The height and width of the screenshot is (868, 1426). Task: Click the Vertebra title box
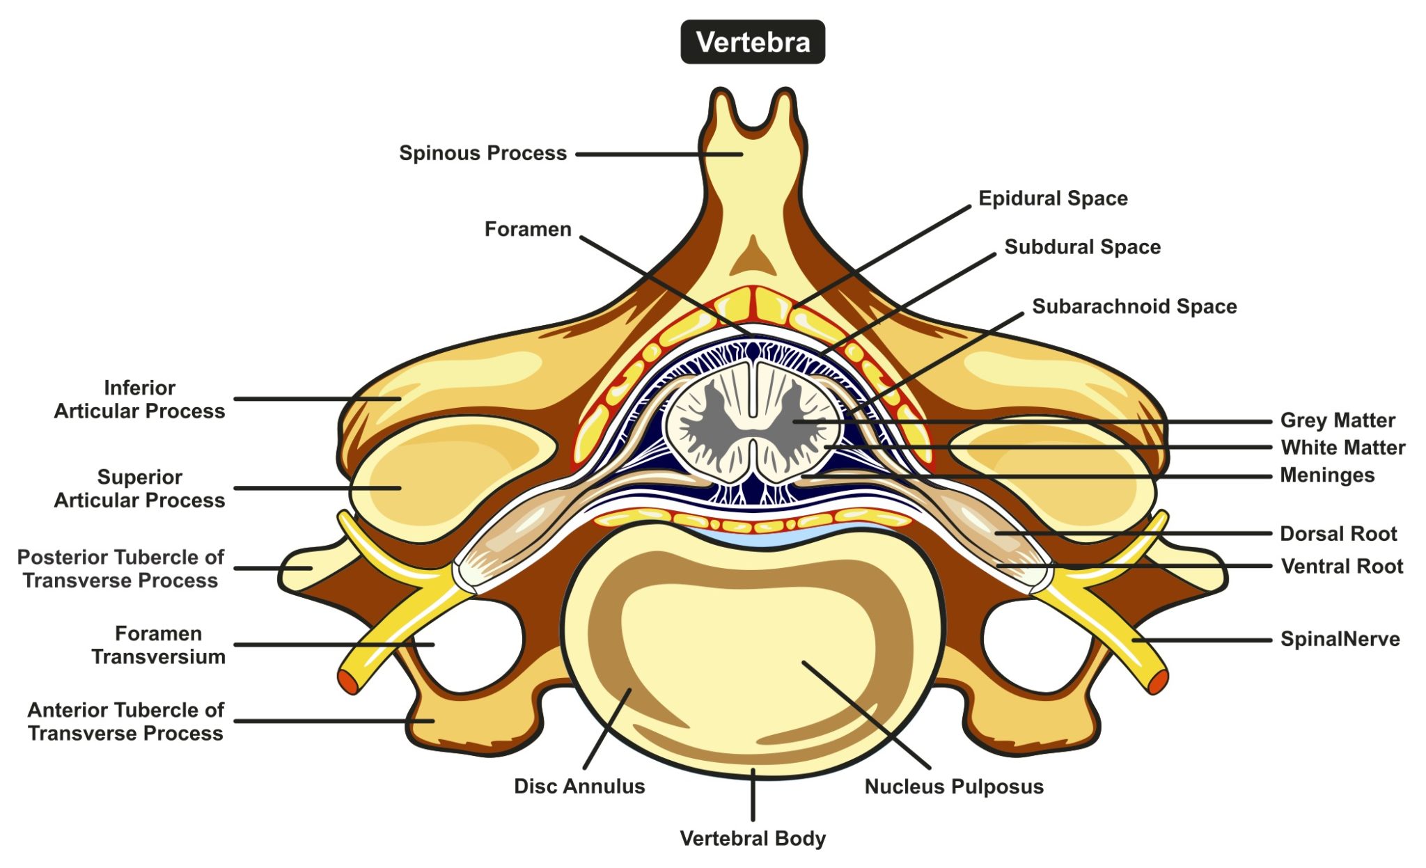tap(753, 42)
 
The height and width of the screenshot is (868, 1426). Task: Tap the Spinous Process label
tap(483, 153)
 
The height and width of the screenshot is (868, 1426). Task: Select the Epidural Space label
tap(1053, 198)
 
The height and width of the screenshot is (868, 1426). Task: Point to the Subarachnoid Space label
tap(1134, 306)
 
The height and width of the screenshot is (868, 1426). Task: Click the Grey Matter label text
tap(1338, 420)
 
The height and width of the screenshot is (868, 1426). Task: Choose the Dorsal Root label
tap(1338, 534)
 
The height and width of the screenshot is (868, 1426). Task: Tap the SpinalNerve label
tap(1340, 639)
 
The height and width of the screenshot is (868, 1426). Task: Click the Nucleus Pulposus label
tap(954, 787)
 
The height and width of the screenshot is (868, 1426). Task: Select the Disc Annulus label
tap(579, 787)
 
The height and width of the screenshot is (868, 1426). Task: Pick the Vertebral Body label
tap(753, 839)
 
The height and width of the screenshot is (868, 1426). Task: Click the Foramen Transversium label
tap(159, 645)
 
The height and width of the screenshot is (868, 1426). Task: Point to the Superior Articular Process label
tap(140, 489)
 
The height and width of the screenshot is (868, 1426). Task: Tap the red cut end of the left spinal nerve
tap(347, 681)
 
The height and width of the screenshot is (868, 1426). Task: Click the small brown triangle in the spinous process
tap(753, 258)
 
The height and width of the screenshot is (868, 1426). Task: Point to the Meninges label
tap(1327, 475)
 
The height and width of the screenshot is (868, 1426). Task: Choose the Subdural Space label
tap(1082, 247)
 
